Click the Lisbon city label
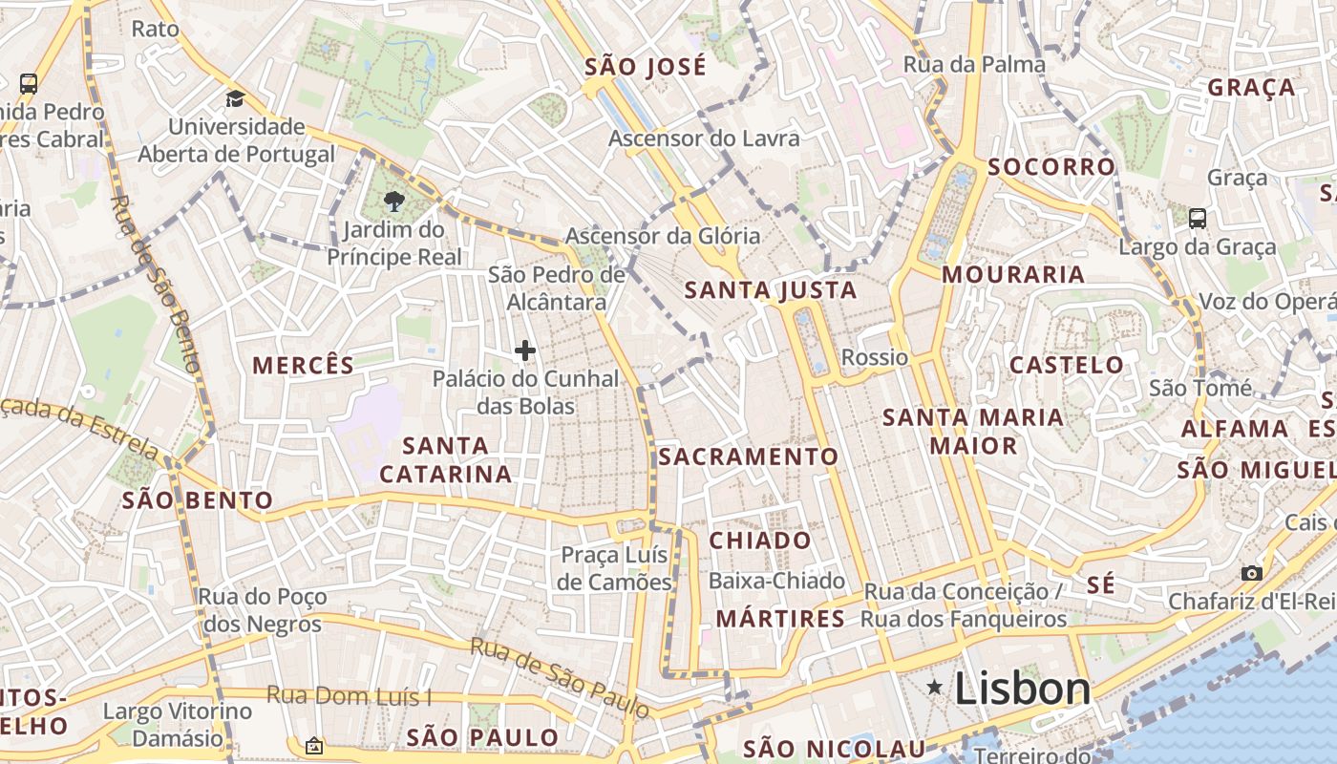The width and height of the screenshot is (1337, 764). pyautogui.click(x=1022, y=689)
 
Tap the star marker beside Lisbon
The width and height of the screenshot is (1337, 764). pyautogui.click(x=935, y=687)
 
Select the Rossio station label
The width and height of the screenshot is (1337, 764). pyautogui.click(x=875, y=358)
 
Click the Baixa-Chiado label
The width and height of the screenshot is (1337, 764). pyautogui.click(x=776, y=581)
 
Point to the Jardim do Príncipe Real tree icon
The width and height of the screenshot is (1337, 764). pyautogui.click(x=393, y=201)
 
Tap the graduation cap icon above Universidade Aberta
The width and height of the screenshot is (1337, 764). pyautogui.click(x=235, y=98)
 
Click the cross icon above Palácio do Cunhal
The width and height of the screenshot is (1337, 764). pyautogui.click(x=524, y=351)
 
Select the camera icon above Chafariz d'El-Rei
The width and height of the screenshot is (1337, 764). pyautogui.click(x=1251, y=573)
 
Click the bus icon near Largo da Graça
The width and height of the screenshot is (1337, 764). pyautogui.click(x=1198, y=219)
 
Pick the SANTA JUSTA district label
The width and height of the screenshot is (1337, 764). pyautogui.click(x=771, y=290)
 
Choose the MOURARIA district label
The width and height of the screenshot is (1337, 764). pyautogui.click(x=1013, y=275)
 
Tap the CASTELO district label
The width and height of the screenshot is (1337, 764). pyautogui.click(x=1067, y=365)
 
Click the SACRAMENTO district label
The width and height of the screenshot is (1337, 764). pyautogui.click(x=748, y=457)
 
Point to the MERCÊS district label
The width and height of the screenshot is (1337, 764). pyautogui.click(x=303, y=365)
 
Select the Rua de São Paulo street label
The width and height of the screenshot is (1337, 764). pyautogui.click(x=560, y=677)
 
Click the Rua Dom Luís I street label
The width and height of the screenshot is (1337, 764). pyautogui.click(x=349, y=696)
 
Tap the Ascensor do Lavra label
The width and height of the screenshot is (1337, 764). pyautogui.click(x=704, y=138)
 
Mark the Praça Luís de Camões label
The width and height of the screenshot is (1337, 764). pyautogui.click(x=616, y=568)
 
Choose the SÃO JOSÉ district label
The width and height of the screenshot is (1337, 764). pyautogui.click(x=646, y=67)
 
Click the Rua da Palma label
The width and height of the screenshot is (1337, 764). pyautogui.click(x=974, y=65)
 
